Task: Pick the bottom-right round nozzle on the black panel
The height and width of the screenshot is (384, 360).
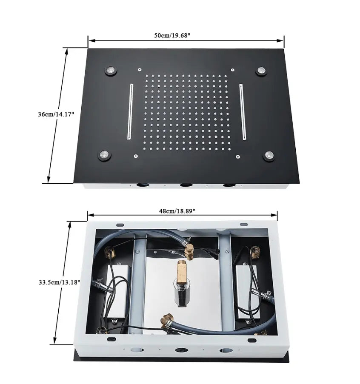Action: (x=269, y=156)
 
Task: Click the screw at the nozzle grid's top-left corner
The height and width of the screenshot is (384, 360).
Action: (x=139, y=68)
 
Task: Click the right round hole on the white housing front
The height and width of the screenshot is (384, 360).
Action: (x=224, y=351)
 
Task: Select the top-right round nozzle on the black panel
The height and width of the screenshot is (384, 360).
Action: (x=260, y=71)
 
